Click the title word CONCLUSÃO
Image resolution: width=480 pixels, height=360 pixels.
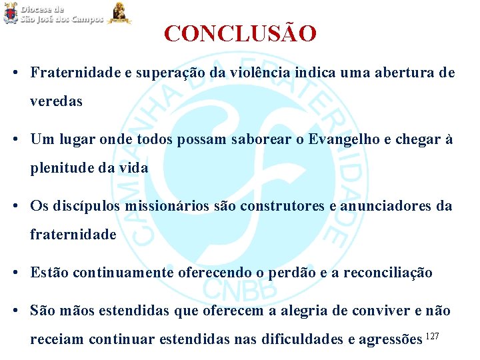tap(240, 33)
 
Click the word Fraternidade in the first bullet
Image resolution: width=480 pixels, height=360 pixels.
tap(75, 73)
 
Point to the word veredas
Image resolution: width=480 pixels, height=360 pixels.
tap(56, 101)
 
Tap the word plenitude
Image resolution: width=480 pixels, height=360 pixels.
tap(62, 168)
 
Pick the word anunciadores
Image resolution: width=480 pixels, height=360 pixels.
tap(387, 206)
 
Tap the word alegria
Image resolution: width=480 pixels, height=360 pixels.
tap(292, 311)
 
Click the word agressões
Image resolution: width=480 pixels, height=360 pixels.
tap(389, 339)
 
